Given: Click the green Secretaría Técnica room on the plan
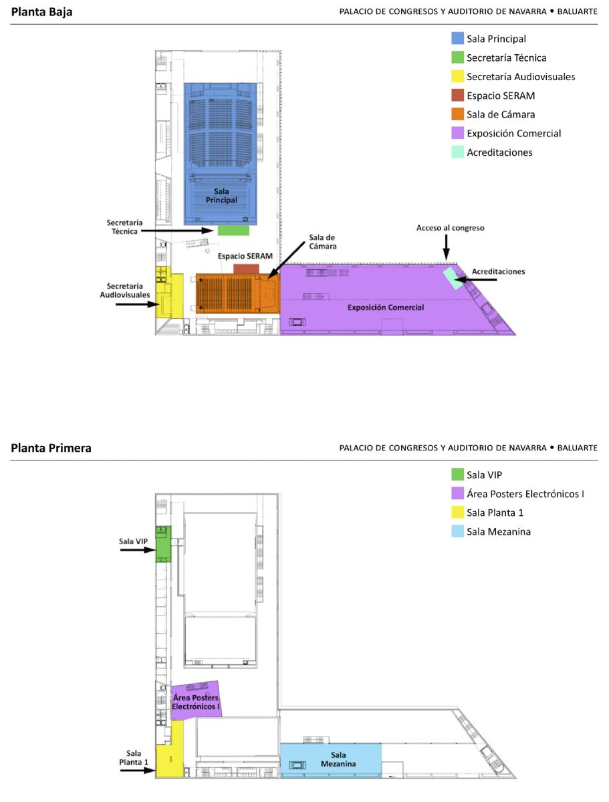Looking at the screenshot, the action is coord(233,230).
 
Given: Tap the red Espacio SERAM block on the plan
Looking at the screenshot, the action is coord(246,269).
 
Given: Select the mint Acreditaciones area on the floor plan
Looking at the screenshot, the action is coord(453,278).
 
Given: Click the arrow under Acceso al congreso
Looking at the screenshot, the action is coord(446,247).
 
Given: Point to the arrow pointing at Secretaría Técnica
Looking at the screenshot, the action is coord(177,231).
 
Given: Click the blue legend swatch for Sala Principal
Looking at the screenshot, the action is coord(457,38).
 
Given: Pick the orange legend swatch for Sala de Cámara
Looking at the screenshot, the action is coord(457,114).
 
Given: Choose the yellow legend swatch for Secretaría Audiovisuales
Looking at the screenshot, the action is coord(457,76).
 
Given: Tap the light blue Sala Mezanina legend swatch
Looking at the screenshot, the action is coord(457,531).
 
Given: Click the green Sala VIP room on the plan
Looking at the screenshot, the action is coord(163,544).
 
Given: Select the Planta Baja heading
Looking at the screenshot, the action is coord(41,11).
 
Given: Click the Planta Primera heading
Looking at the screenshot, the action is coord(51,448).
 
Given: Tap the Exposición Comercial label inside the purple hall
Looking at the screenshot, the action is coord(386,307).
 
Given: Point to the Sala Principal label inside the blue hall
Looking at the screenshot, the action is coord(221,195).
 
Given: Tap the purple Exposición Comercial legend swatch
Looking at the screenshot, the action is coord(457,133).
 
